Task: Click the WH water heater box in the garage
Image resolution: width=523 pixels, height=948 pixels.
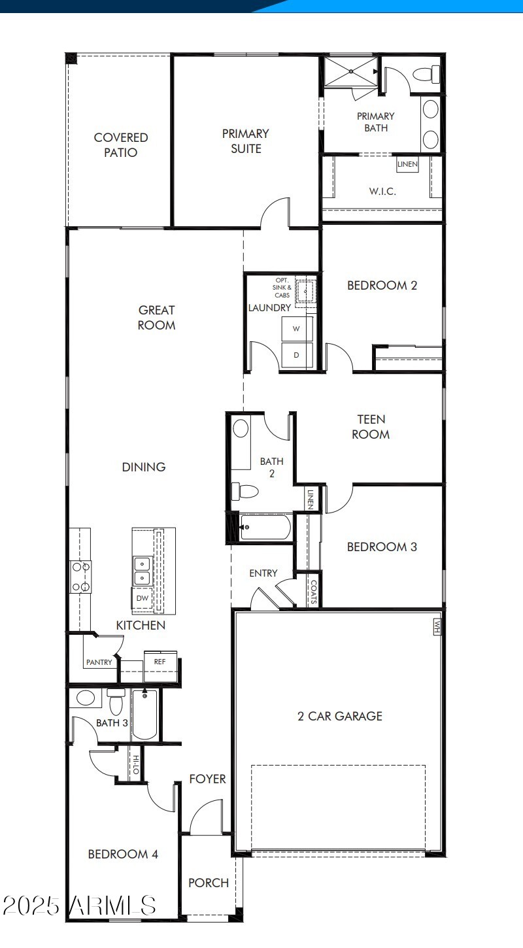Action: point(436,626)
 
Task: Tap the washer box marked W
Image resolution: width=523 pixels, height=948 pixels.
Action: point(296,329)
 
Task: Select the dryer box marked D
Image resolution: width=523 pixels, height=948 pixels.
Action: point(296,355)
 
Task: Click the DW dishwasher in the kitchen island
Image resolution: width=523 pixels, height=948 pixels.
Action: point(142,597)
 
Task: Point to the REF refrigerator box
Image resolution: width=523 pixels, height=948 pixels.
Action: point(160,662)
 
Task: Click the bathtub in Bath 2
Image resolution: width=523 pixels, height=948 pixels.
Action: point(265,527)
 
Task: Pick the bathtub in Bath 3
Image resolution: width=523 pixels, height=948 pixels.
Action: point(144,714)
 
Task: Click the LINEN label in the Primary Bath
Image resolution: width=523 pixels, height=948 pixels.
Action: point(407,163)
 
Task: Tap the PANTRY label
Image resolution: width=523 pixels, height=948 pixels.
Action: point(99,662)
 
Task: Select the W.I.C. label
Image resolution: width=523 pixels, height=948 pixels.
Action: point(382,192)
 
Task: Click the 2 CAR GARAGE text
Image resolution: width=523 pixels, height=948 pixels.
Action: point(340,716)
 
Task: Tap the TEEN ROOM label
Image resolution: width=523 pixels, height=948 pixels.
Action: point(371,426)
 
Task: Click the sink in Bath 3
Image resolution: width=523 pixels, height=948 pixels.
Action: point(86,697)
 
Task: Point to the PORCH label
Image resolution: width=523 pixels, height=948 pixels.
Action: point(209,883)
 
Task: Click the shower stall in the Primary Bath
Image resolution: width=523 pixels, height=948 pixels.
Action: point(351,71)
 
